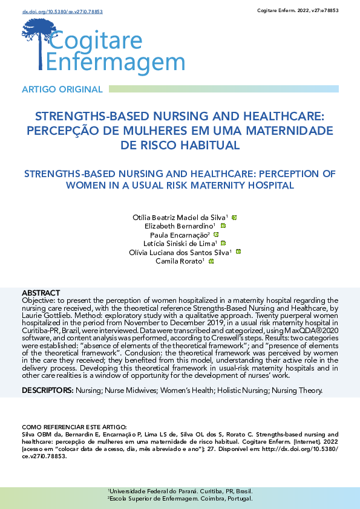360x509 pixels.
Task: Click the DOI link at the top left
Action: click(x=54, y=11)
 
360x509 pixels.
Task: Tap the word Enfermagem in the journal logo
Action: click(x=116, y=62)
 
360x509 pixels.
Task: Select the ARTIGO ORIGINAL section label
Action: click(x=62, y=89)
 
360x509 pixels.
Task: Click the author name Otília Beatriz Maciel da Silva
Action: click(x=179, y=217)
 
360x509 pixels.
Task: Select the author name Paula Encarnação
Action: click(x=180, y=235)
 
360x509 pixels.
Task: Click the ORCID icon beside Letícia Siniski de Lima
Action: click(x=223, y=243)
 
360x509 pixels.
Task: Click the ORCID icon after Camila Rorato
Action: click(x=211, y=261)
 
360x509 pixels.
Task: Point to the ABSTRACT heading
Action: click(x=41, y=292)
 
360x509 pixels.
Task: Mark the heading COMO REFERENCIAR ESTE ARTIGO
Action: click(x=74, y=427)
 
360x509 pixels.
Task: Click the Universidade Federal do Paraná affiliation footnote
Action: click(x=180, y=491)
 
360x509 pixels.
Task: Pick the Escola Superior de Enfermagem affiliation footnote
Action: click(x=180, y=499)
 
